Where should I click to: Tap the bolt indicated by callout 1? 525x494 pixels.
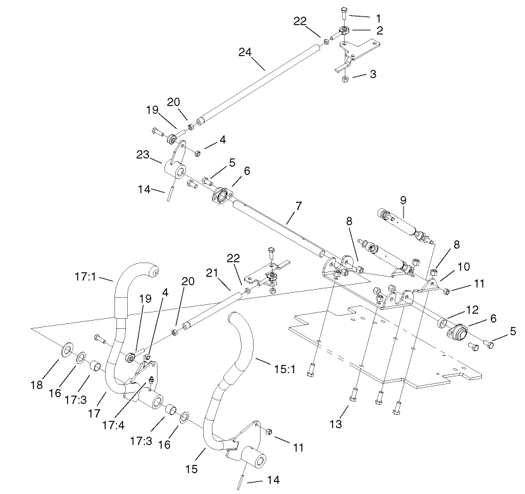(343, 11)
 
